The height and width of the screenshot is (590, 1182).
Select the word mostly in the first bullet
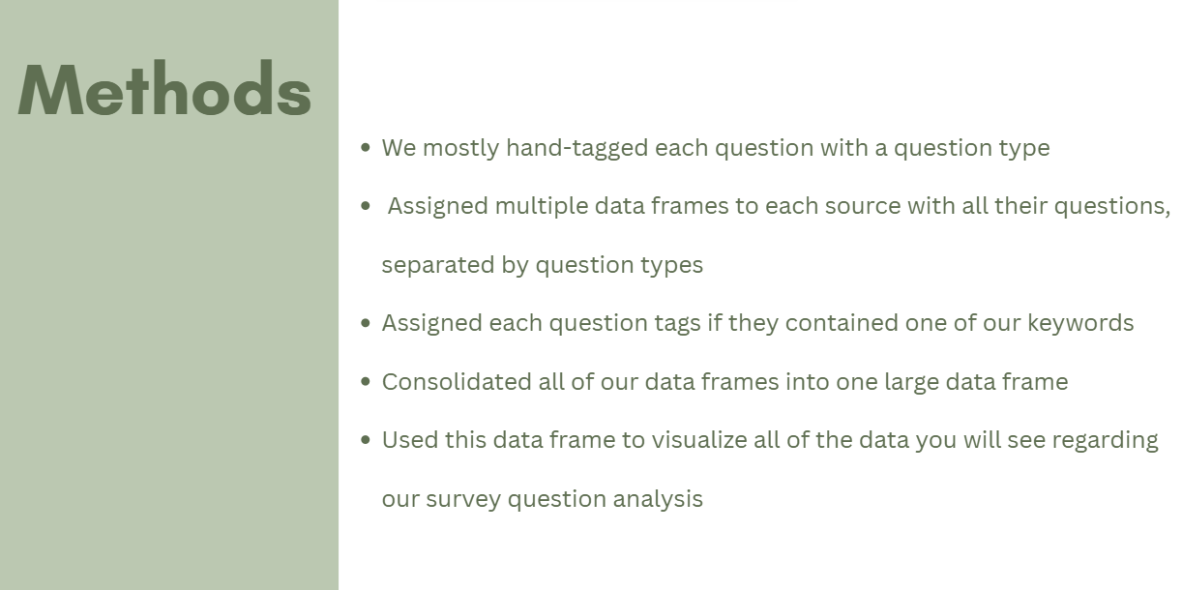coord(460,148)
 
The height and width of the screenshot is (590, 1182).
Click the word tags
coord(676,323)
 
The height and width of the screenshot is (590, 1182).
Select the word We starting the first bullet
coord(399,148)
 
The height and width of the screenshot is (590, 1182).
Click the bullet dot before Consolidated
coord(366,382)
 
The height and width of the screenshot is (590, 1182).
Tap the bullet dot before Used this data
coord(366,440)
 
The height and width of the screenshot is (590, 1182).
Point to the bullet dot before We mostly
coord(366,148)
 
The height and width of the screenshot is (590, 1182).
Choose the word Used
coord(410,440)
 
